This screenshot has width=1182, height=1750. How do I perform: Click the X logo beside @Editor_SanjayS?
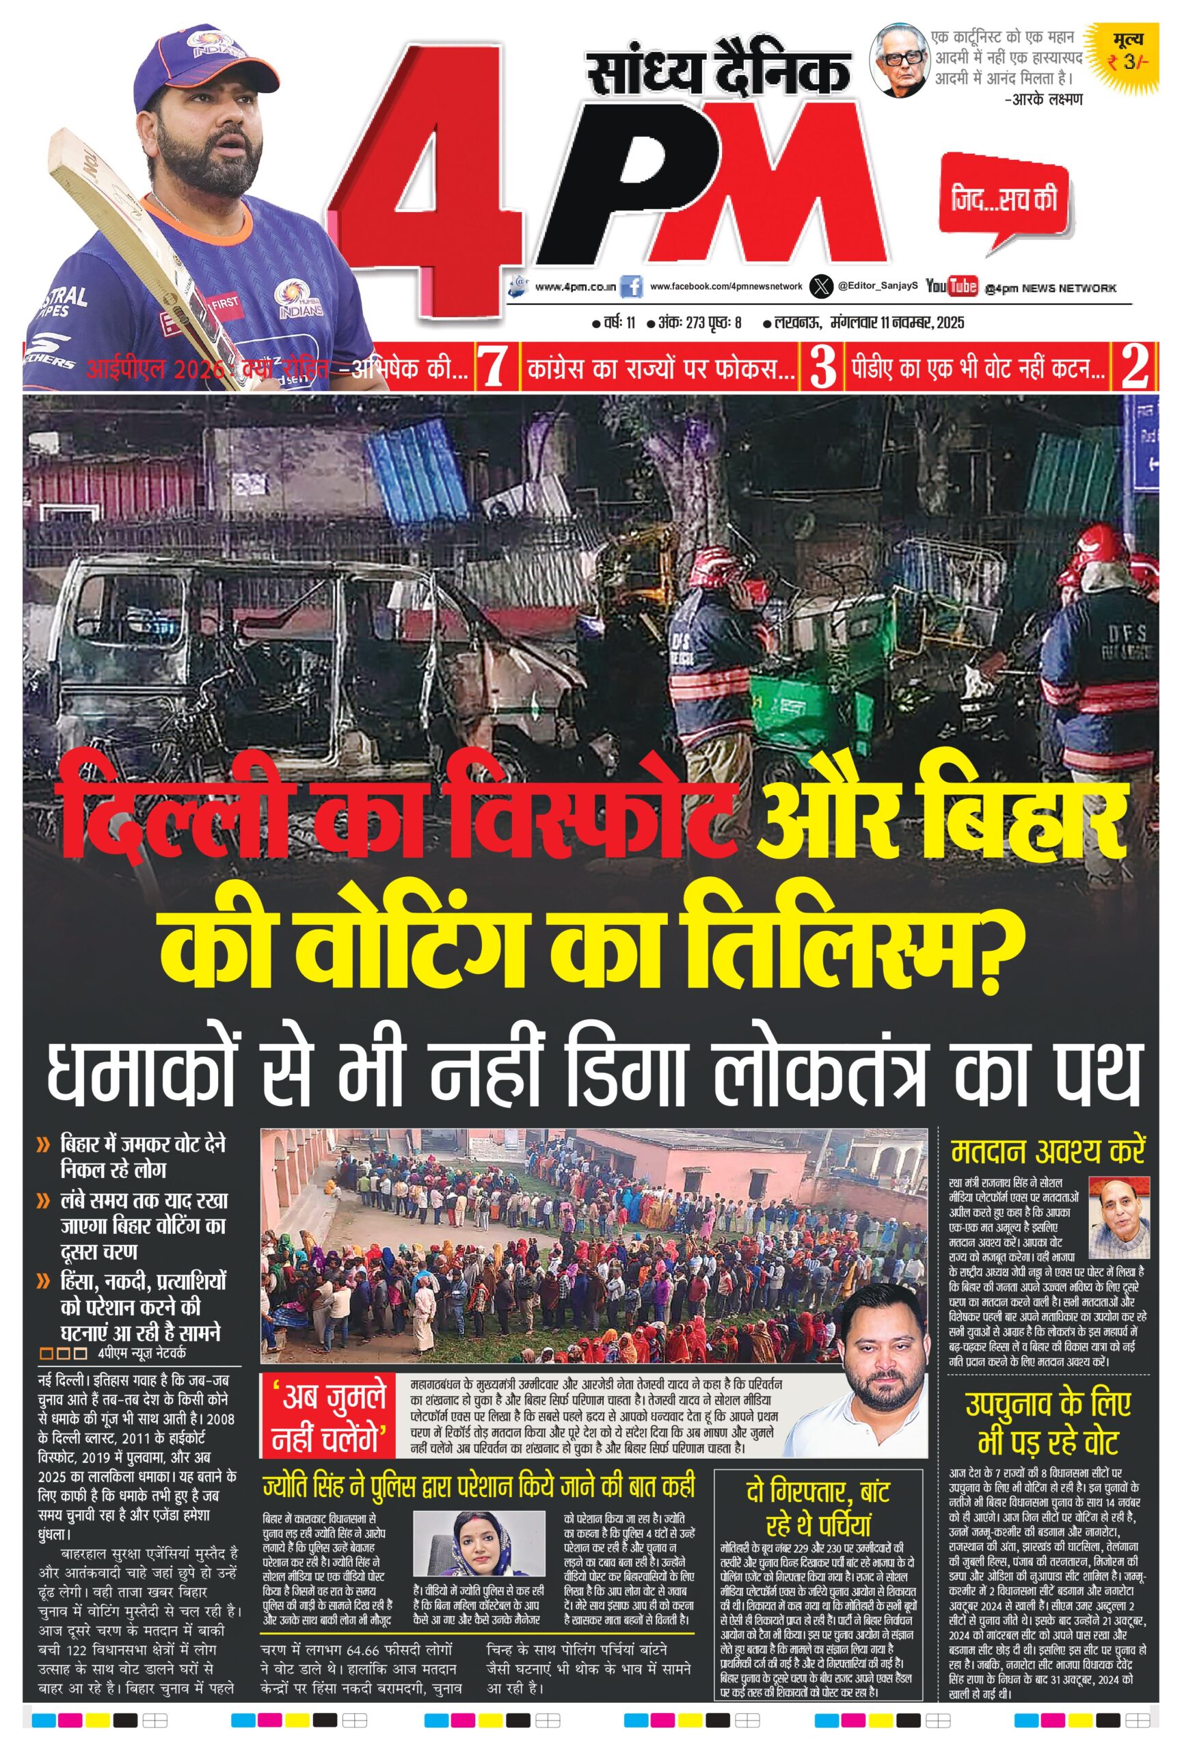click(x=821, y=286)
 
